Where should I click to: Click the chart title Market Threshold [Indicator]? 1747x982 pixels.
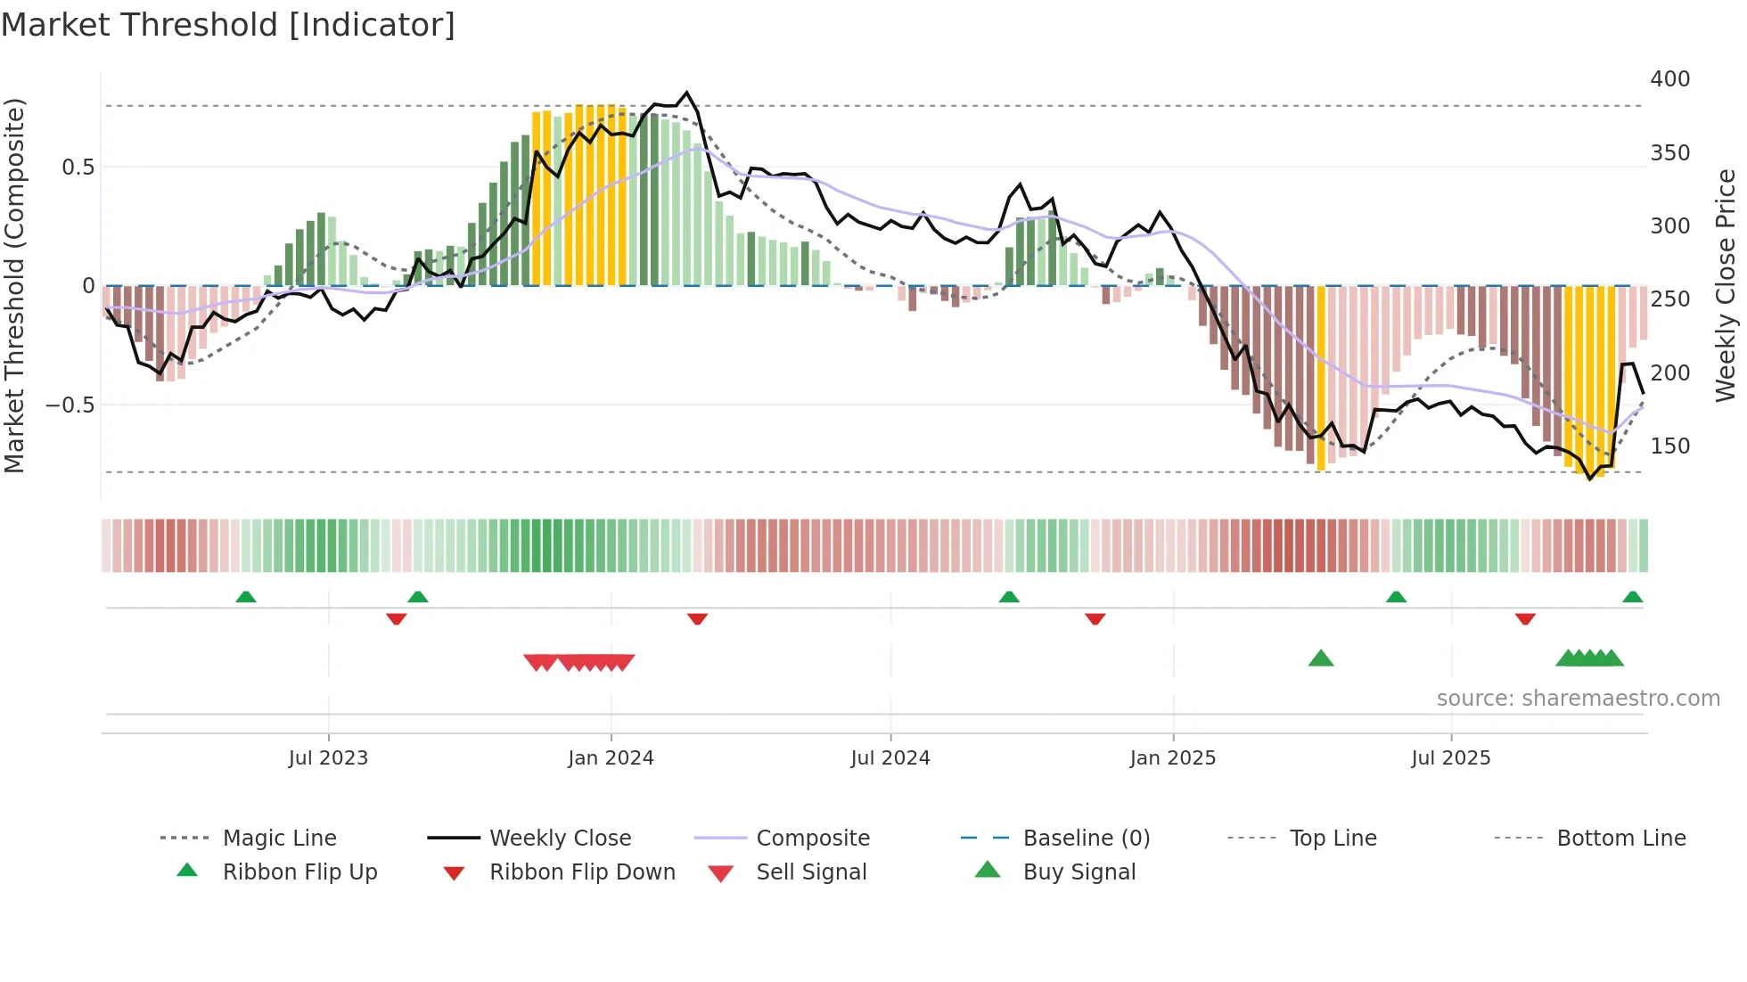tap(228, 25)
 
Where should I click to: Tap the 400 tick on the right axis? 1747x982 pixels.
tap(1669, 79)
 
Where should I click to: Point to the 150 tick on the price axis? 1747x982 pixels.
tap(1669, 446)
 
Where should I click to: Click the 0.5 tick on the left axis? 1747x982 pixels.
tap(78, 168)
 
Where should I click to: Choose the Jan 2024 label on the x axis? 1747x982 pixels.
tap(611, 758)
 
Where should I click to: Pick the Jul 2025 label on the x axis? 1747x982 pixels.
tap(1450, 758)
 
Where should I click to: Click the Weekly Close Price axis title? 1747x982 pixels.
tap(1726, 285)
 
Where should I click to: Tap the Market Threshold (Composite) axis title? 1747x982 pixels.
tap(14, 285)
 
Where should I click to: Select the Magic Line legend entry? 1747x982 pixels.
tap(279, 839)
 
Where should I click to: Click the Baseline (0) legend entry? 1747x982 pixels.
tap(1086, 839)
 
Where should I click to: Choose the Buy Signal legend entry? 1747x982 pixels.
tap(1079, 872)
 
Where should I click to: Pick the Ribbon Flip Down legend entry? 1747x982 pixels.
tap(581, 872)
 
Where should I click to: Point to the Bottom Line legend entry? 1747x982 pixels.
tap(1620, 839)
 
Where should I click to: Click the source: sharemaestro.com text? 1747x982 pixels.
tap(1578, 699)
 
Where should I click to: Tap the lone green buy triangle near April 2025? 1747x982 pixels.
tap(1320, 659)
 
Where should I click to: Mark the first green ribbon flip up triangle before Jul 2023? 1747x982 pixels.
tap(246, 597)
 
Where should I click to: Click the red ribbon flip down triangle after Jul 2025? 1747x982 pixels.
tap(1525, 618)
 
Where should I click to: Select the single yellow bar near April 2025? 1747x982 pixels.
tap(1321, 379)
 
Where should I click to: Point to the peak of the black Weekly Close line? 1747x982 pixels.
tap(686, 93)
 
